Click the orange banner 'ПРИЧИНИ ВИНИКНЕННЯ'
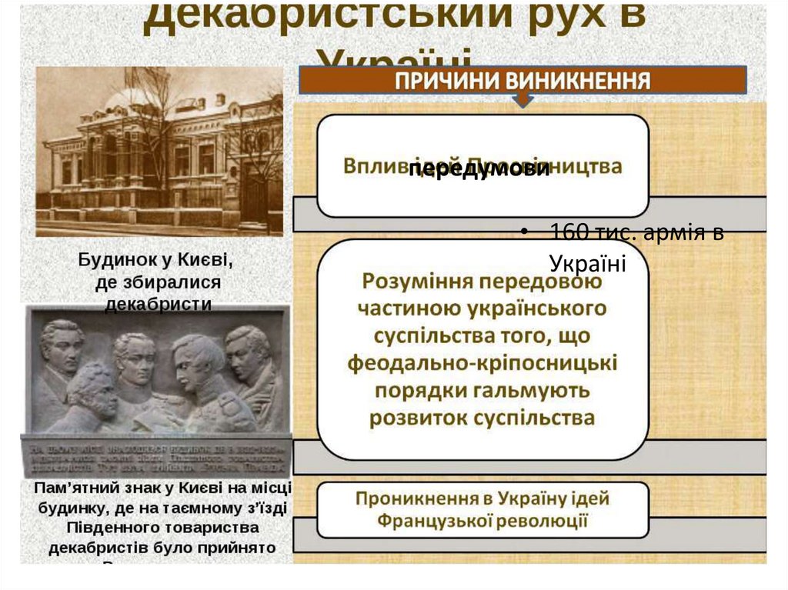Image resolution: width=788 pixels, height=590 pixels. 523,80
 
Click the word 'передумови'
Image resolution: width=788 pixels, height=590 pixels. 479,170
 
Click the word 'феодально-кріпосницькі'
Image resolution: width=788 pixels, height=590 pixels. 482,362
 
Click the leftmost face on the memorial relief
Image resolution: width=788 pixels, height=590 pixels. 62,346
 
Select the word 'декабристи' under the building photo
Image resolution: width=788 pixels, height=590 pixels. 158,304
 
